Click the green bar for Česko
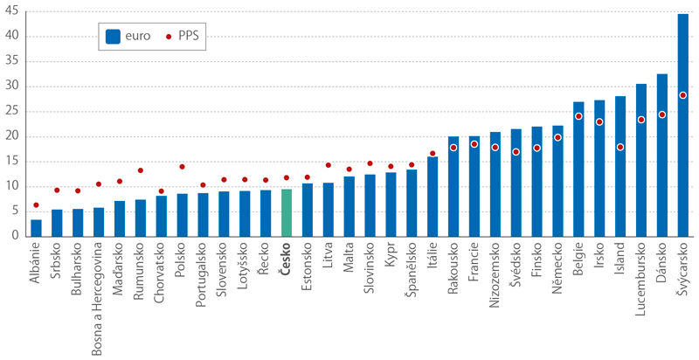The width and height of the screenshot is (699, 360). point(286,212)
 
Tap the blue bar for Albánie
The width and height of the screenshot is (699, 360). point(36,227)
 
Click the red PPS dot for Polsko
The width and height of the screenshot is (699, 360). point(182,166)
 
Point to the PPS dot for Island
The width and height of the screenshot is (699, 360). point(620,147)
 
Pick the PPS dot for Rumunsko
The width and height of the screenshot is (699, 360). point(140,170)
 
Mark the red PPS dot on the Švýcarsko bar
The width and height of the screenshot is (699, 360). point(683,95)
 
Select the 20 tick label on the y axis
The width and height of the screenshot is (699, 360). point(14,136)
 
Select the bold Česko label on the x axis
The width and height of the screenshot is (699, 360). point(286,261)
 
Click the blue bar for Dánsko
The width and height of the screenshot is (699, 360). point(662,157)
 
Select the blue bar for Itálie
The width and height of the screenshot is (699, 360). point(433,197)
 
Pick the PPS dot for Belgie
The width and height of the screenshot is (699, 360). point(578,116)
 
